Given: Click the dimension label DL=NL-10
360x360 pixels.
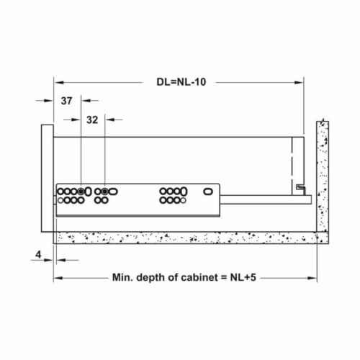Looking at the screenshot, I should coord(181,82).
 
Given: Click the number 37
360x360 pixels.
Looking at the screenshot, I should coord(66,102).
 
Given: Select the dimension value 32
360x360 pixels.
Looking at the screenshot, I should coord(91,120).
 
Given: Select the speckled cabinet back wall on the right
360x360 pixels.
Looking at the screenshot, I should coord(322,180).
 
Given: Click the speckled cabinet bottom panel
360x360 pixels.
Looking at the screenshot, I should coord(187,238).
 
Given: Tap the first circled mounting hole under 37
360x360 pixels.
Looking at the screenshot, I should coord(81,192).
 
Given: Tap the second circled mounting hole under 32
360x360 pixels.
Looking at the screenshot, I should coord(105,192).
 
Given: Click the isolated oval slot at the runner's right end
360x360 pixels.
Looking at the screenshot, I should coord(205,192).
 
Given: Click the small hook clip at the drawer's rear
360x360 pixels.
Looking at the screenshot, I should coord(298,187).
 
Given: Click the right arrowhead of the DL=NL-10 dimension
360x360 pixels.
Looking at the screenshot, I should coord(301,82).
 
